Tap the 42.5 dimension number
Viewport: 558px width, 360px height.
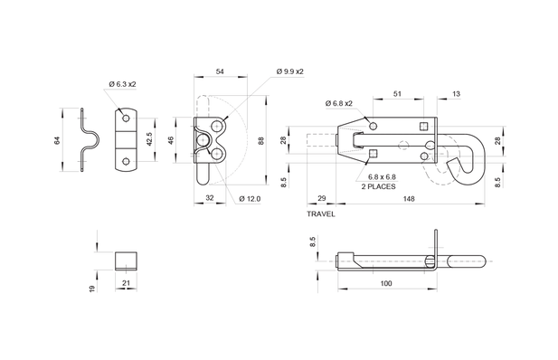148,139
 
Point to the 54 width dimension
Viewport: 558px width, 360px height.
220,71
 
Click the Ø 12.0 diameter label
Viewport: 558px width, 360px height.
250,198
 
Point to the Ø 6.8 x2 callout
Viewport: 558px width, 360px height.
338,103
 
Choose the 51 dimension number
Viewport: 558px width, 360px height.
397,93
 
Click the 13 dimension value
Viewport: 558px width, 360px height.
455,93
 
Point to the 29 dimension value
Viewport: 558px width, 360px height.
321,198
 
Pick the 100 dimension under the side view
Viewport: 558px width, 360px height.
385,284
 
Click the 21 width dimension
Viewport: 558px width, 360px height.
127,284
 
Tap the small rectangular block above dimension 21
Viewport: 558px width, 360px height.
127,261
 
